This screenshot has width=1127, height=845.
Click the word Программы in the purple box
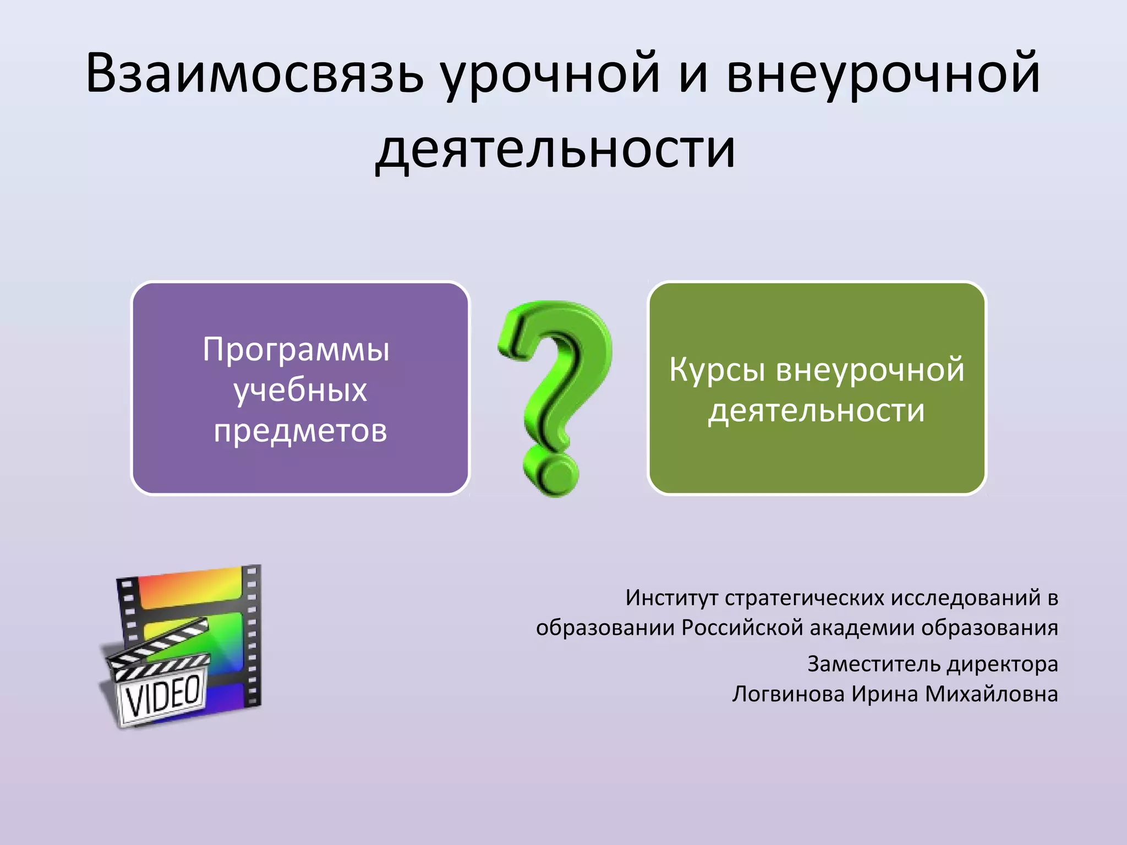coord(296,350)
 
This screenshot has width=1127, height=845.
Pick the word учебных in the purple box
coord(300,391)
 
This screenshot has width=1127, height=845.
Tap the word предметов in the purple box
coord(300,431)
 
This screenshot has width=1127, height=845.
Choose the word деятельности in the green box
coord(817,411)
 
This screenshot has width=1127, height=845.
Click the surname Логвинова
coord(788,694)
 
